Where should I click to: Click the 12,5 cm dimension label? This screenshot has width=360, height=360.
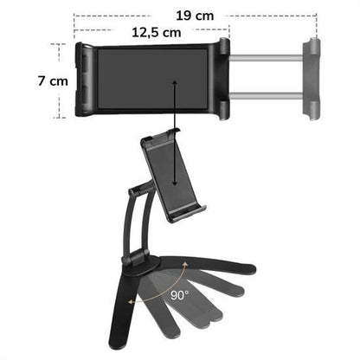[x=157, y=32]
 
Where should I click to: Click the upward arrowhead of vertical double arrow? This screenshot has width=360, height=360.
[x=175, y=85]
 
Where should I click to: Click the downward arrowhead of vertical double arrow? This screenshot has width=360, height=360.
[x=175, y=183]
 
